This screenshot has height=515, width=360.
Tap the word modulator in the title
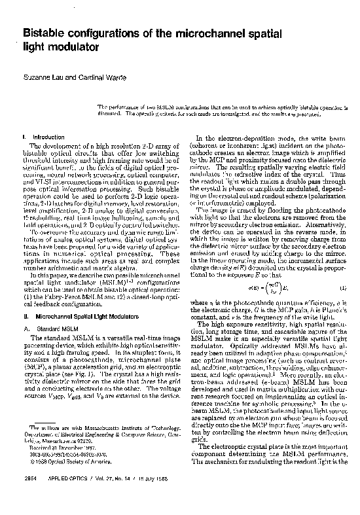pyautogui.click(x=69, y=47)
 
